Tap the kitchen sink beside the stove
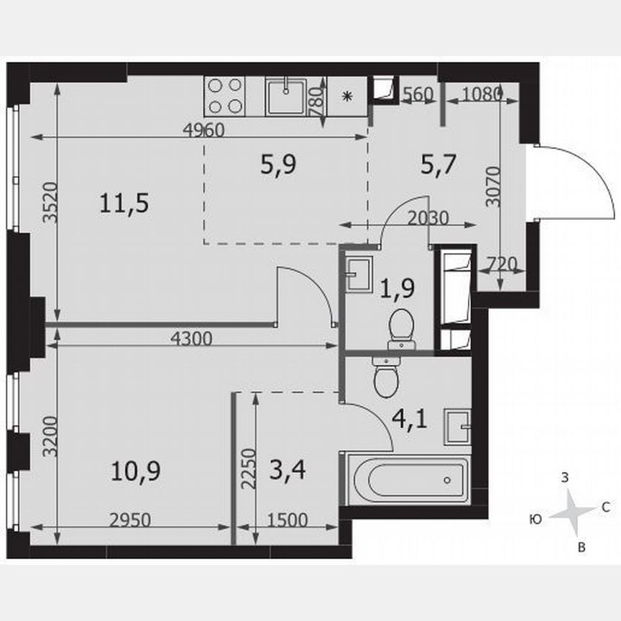[287, 96]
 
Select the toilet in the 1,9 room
[402, 328]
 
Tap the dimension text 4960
[204, 130]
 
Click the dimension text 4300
[192, 339]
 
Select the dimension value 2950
[129, 520]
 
